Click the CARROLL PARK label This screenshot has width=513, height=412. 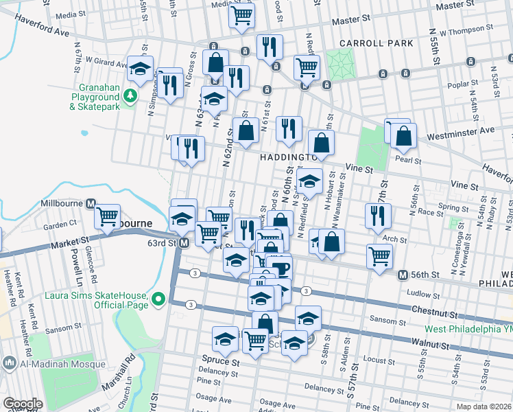[x=381, y=43]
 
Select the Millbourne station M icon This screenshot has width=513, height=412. [x=90, y=203]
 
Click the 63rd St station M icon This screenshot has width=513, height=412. [x=184, y=242]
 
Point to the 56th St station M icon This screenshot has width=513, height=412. [x=403, y=275]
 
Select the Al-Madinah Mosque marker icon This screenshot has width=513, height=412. [x=10, y=362]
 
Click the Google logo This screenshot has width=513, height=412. [x=22, y=404]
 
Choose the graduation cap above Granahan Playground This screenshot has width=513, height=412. [x=140, y=69]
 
